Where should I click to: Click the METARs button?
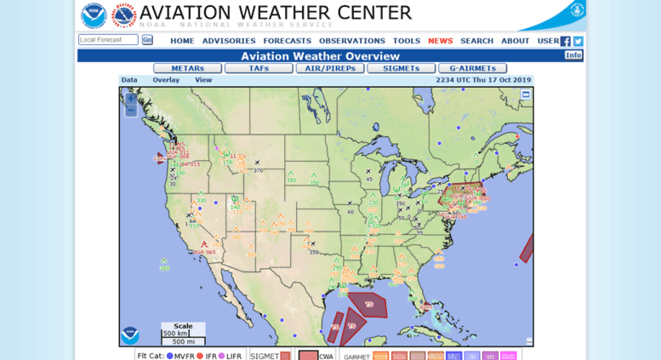click(x=187, y=68)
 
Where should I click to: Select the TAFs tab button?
click(x=259, y=68)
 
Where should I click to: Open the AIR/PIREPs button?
click(x=330, y=68)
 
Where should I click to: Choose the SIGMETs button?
click(x=401, y=68)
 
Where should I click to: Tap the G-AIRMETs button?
click(x=472, y=68)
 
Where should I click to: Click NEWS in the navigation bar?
click(x=441, y=41)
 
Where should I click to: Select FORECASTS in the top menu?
click(x=287, y=41)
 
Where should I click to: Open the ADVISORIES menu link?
click(x=229, y=41)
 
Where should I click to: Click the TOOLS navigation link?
click(x=407, y=41)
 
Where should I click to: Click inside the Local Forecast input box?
click(x=108, y=40)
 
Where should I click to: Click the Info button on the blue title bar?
click(x=573, y=55)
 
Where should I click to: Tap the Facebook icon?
click(x=566, y=41)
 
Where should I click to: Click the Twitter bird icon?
click(x=578, y=41)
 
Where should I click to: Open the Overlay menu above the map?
click(x=166, y=80)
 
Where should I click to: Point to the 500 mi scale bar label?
click(x=183, y=341)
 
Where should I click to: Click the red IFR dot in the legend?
click(x=201, y=356)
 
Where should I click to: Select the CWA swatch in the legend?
click(x=308, y=356)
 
